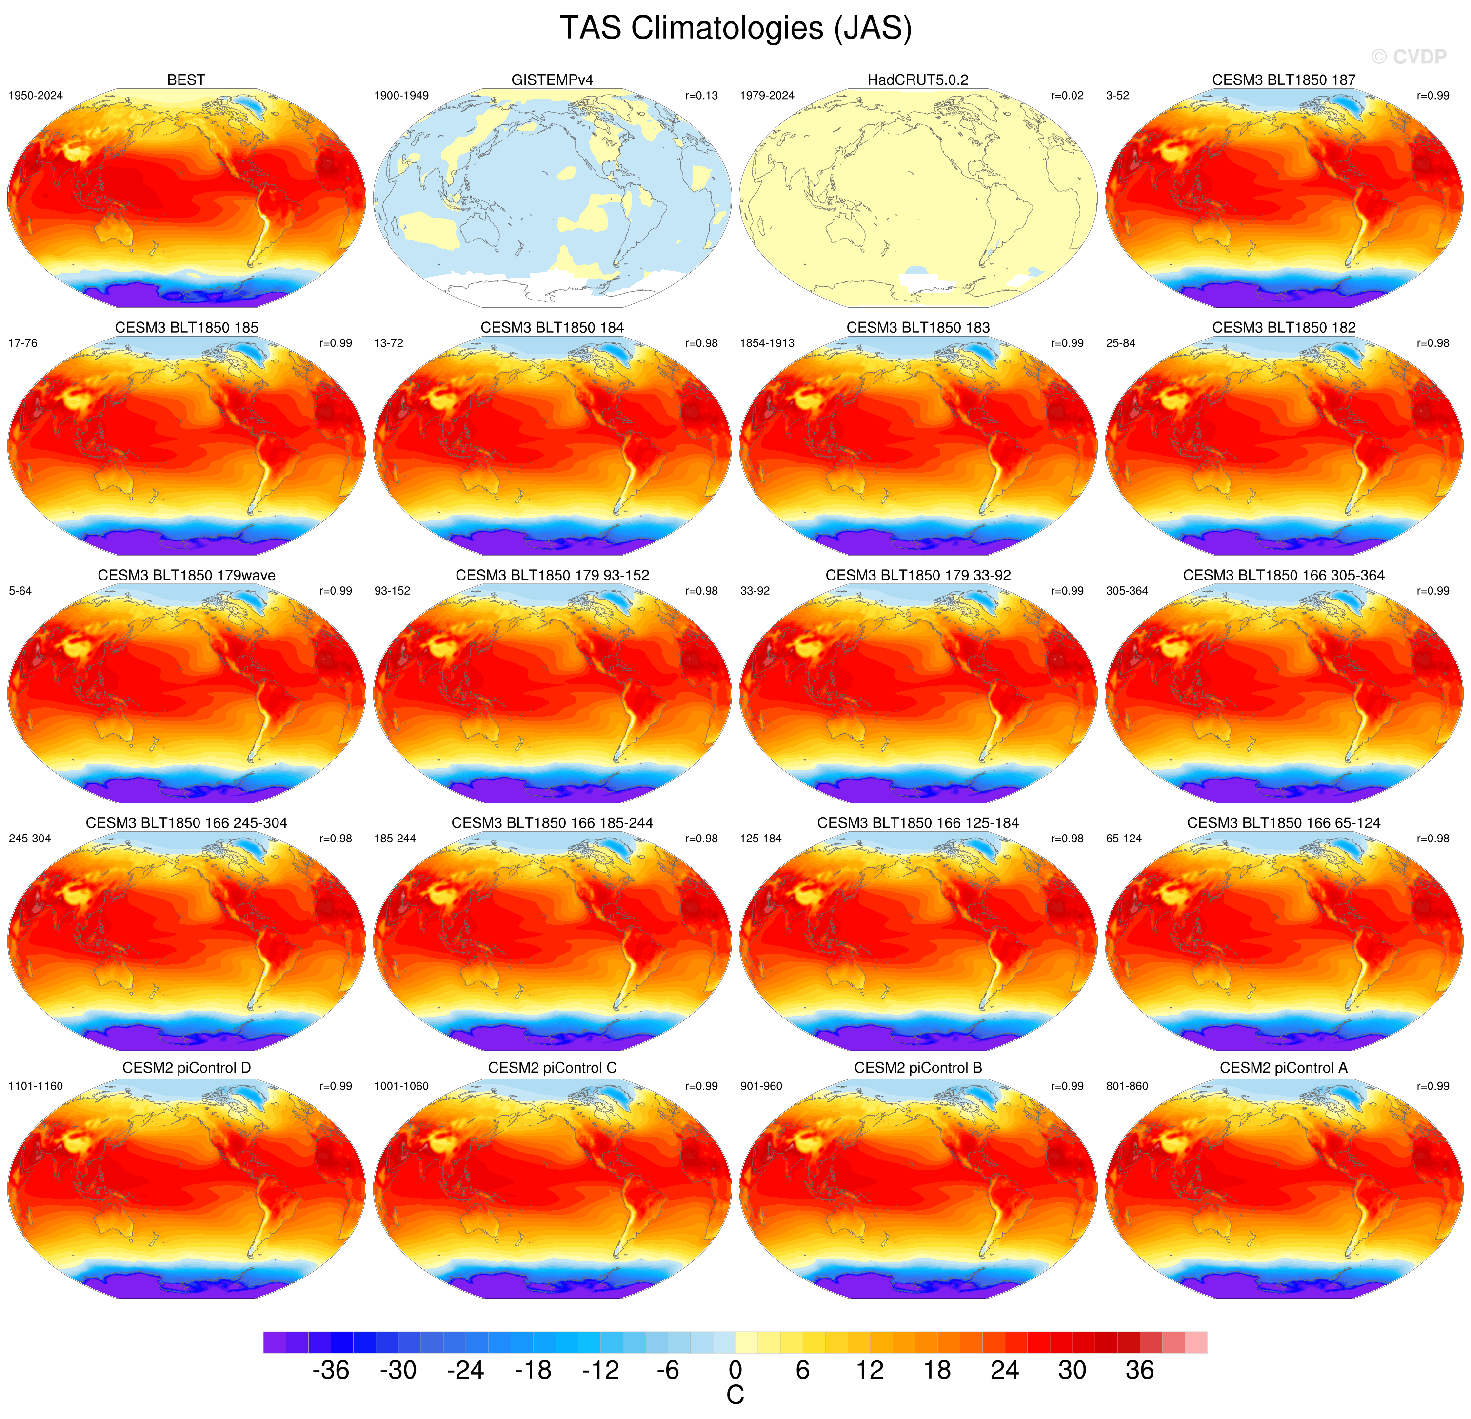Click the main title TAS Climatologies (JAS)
pyautogui.click(x=735, y=28)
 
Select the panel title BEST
pyautogui.click(x=186, y=80)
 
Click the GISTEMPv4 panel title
pyautogui.click(x=553, y=80)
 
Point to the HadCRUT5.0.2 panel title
pyautogui.click(x=918, y=80)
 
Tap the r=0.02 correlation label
pyautogui.click(x=1067, y=95)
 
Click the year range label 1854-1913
pyautogui.click(x=767, y=343)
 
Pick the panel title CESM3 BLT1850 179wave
pyautogui.click(x=186, y=575)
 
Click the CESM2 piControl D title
pyautogui.click(x=186, y=1068)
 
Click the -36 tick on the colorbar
pyautogui.click(x=331, y=1370)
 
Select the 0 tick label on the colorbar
pyautogui.click(x=735, y=1370)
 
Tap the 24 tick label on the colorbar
pyautogui.click(x=1004, y=1370)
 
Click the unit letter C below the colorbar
pyautogui.click(x=735, y=1395)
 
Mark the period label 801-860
pyautogui.click(x=1127, y=1086)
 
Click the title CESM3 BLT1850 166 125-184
pyautogui.click(x=918, y=823)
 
